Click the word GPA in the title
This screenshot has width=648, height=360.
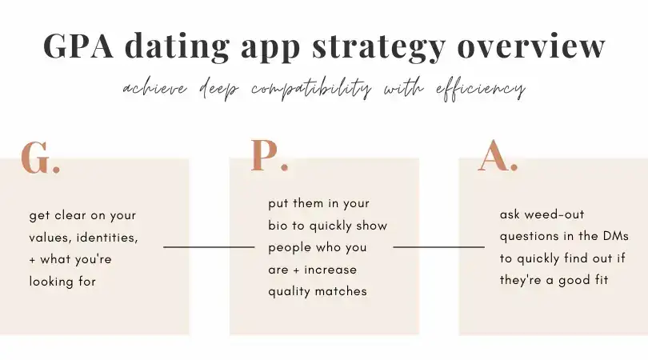point(78,45)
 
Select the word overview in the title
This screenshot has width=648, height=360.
point(531,46)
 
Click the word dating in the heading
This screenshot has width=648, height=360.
point(178,47)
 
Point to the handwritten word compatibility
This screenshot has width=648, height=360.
point(311,89)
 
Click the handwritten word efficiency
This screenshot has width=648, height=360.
point(481,89)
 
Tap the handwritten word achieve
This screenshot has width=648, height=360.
point(155,89)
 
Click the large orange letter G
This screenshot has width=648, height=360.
point(35,158)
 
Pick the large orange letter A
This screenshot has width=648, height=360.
point(493,155)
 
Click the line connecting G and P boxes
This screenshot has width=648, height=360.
point(209,247)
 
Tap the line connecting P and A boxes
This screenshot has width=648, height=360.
point(439,247)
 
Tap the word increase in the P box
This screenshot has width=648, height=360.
point(330,270)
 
